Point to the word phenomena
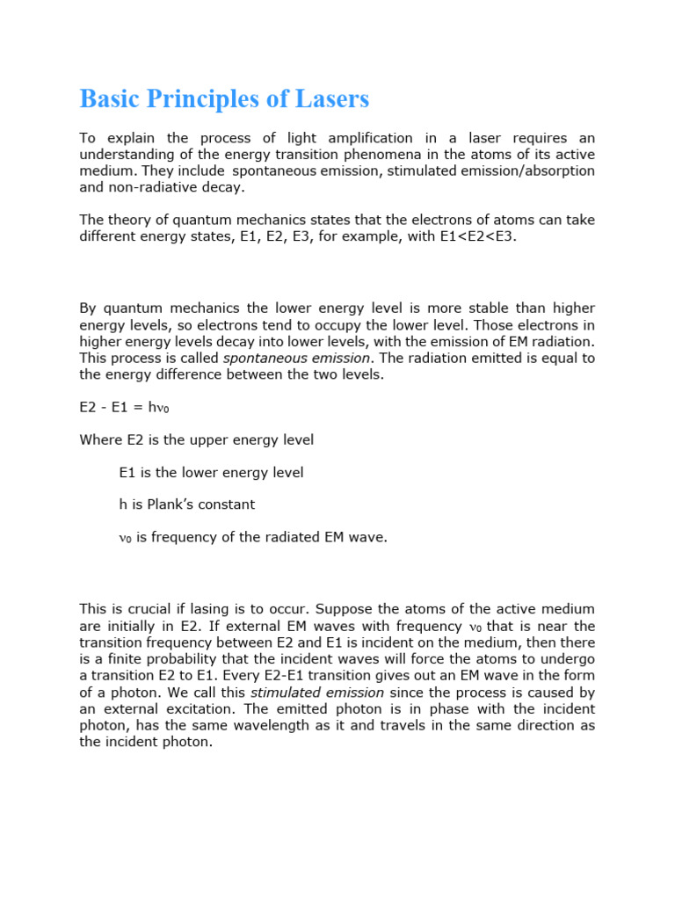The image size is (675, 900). [x=380, y=154]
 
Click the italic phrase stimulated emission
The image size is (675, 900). [x=317, y=692]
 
